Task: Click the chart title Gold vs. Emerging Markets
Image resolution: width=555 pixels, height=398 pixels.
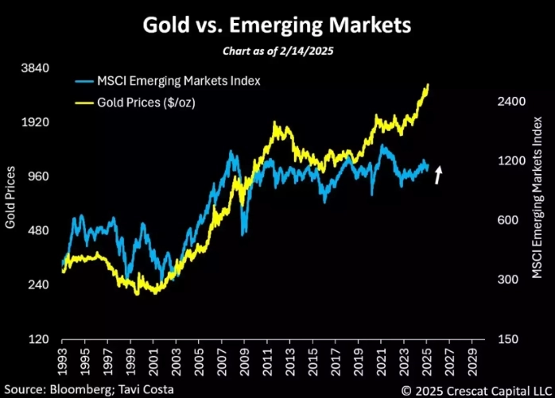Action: point(277,25)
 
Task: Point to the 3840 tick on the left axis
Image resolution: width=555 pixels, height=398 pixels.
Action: point(33,68)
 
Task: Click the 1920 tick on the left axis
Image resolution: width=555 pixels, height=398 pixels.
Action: point(33,122)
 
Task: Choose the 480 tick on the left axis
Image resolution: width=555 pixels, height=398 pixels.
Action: point(37,231)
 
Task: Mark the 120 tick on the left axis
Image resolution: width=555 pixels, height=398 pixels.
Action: point(37,340)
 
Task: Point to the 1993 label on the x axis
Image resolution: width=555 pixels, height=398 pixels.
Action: point(63,356)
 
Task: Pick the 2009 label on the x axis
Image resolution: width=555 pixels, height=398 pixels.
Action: point(245,356)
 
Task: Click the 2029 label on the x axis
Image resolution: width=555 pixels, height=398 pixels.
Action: point(473,356)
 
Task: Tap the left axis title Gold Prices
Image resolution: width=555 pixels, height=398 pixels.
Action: point(11,197)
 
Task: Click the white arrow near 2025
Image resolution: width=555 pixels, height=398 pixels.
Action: point(437,175)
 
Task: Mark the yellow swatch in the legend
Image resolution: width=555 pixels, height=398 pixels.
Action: point(84,102)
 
